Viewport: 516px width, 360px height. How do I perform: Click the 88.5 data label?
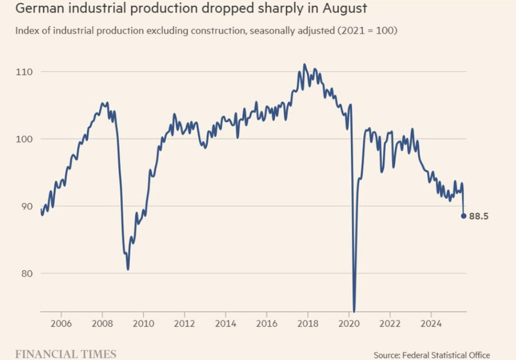pos(478,217)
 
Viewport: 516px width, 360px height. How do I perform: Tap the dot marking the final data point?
pos(463,216)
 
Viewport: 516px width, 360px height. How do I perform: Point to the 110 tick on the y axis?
pos(24,72)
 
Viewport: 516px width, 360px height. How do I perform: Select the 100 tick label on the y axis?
pos(24,139)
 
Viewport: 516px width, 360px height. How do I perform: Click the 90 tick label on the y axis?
pos(26,206)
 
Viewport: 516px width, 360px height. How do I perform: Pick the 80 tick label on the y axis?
pos(26,273)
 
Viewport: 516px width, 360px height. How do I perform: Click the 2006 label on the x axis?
pos(61,323)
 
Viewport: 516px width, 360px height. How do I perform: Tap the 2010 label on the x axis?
pos(143,323)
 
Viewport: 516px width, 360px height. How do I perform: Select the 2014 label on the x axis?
pos(225,323)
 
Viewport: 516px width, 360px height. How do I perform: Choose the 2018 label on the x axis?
pos(308,323)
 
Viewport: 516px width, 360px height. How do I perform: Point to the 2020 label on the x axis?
pos(349,323)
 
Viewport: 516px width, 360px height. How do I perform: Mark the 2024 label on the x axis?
pos(431,323)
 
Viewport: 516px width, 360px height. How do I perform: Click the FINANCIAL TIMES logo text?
pos(66,354)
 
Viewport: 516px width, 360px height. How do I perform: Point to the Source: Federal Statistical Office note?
pos(432,355)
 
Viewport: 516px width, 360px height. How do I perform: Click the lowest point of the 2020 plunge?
pos(354,311)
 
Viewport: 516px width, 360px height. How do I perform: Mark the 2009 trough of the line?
pos(128,269)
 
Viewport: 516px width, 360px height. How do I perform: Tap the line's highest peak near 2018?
pos(304,64)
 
